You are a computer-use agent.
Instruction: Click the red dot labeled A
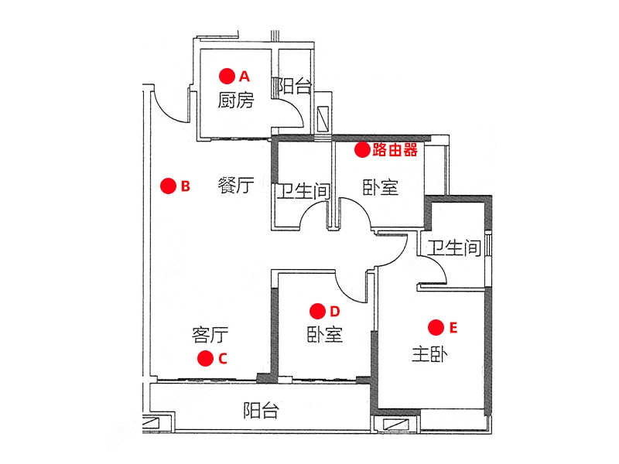pos(227,76)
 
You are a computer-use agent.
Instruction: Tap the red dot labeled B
pos(168,186)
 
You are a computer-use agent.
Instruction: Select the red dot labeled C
pos(205,358)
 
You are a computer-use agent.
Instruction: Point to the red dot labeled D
pos(317,312)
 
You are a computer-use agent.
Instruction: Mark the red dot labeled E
pos(436,327)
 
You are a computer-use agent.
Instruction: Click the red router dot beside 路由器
pos(362,150)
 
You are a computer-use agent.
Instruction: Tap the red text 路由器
pos(395,150)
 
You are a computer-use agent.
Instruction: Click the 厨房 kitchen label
pos(236,101)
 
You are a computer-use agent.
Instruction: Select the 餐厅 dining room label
pos(236,186)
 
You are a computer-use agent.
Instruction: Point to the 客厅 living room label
pos(210,336)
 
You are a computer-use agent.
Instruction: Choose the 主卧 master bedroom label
pos(429,354)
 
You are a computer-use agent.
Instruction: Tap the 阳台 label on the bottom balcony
pos(261,411)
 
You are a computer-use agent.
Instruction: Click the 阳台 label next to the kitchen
pos(294,86)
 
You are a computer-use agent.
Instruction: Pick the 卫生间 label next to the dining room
pos(303,191)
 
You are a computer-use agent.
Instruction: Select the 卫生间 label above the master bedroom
pos(454,248)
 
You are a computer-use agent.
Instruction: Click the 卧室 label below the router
pos(381,188)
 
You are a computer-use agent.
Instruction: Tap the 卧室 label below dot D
pos(325,335)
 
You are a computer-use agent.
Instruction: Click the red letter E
pos(453,327)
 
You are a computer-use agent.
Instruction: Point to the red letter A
pos(245,76)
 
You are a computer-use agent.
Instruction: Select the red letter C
pos(223,359)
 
